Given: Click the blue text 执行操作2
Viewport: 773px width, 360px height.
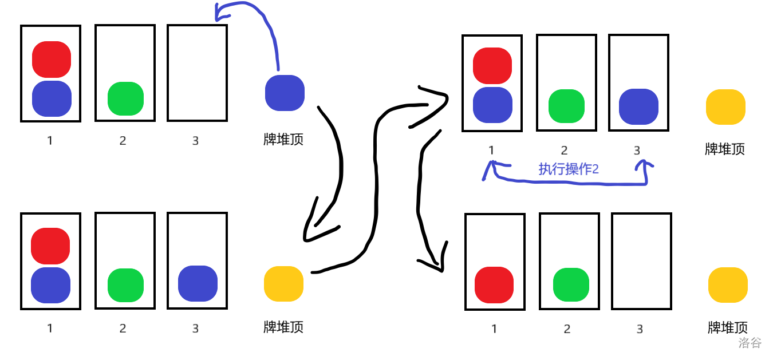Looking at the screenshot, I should (568, 169).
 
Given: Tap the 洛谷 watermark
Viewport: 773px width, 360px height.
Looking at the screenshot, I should (750, 343).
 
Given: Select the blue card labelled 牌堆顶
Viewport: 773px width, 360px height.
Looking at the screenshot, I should (285, 93).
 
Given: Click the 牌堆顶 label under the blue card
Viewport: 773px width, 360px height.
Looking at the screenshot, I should (283, 139).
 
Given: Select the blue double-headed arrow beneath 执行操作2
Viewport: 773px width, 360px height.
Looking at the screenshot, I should (567, 182).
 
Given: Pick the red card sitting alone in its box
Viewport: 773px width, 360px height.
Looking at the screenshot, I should (494, 284).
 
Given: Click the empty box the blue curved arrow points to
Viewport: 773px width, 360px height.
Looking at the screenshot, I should (197, 73).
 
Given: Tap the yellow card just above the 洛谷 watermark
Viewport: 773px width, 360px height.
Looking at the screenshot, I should (728, 284).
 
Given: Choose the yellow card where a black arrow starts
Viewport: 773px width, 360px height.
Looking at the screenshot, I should (283, 283).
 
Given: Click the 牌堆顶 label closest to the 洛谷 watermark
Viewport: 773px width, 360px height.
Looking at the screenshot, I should (728, 328).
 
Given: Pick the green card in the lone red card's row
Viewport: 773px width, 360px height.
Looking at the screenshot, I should (571, 284).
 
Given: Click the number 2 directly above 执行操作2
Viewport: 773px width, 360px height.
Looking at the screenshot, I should (564, 151).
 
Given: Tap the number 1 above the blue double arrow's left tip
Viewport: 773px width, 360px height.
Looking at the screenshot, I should (491, 150).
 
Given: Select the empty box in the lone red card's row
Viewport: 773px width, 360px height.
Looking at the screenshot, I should (641, 261).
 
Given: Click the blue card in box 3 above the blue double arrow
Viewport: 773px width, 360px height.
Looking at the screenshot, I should (638, 106).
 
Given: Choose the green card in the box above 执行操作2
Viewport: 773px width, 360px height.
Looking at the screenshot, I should (566, 106).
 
